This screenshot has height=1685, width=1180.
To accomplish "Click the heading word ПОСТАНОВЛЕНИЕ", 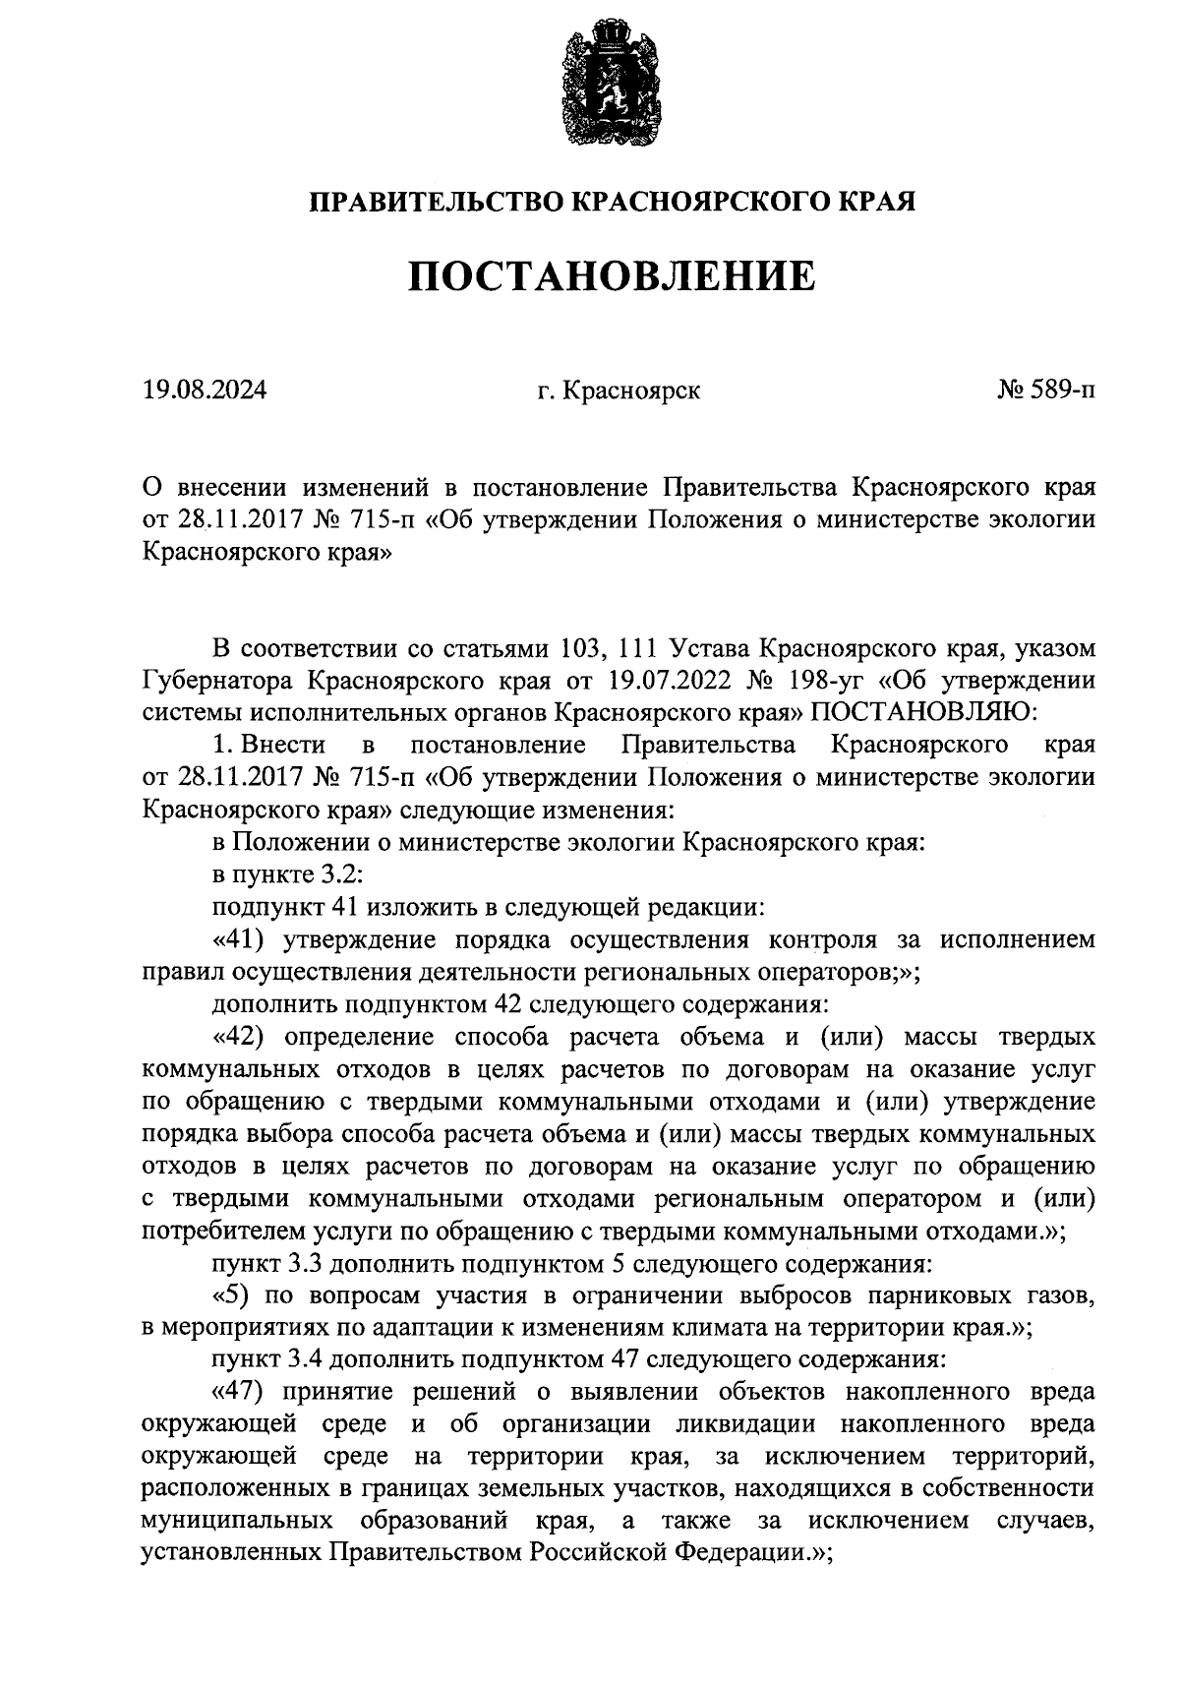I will [612, 276].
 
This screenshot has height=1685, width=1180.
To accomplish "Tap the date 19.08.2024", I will [205, 391].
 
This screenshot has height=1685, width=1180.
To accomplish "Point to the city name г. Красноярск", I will [619, 391].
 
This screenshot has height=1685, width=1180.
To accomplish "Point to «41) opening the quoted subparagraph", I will [241, 939].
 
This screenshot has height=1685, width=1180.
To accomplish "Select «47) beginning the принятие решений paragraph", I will [241, 1393].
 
